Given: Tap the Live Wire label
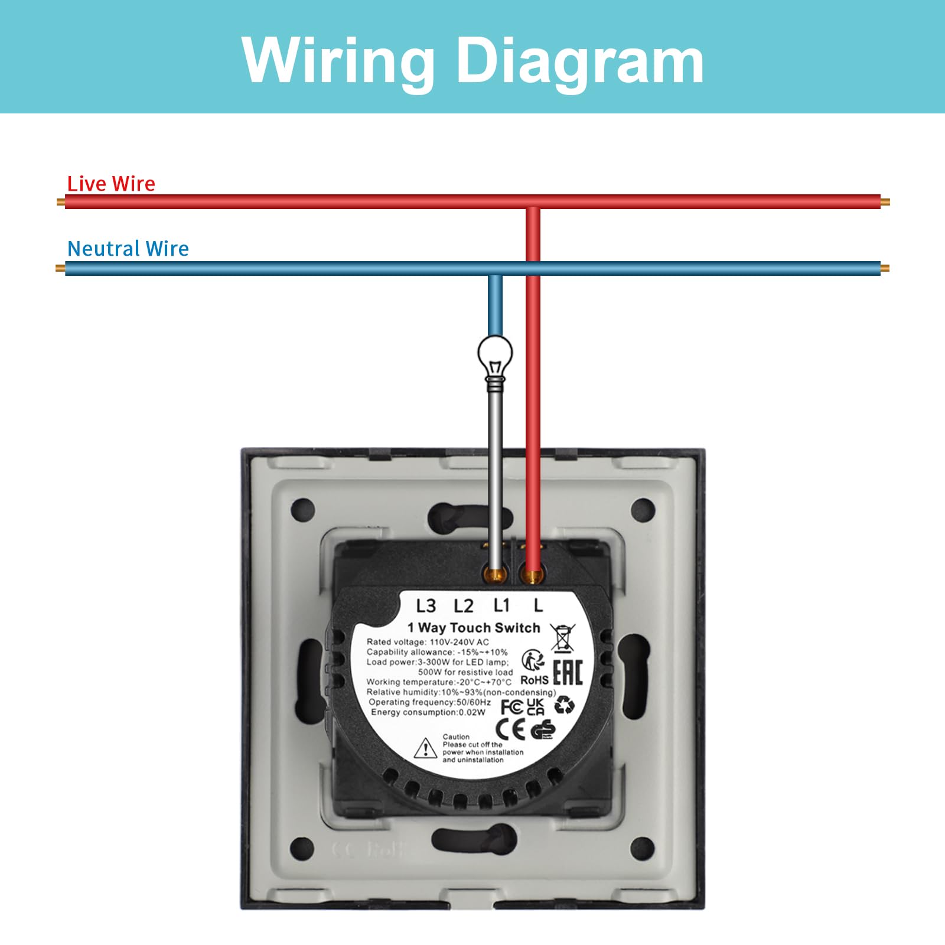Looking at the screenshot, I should (111, 184).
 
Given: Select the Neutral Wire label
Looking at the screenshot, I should (128, 249).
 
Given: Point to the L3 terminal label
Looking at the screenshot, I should (426, 606).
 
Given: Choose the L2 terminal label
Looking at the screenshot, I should (464, 606).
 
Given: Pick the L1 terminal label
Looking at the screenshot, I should (501, 605).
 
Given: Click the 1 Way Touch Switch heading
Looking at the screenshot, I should (474, 628).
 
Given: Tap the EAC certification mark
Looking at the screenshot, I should (568, 673).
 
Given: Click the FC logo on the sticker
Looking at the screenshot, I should (511, 707).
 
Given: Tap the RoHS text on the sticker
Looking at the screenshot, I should (534, 680).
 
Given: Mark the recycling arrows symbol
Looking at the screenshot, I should (565, 705).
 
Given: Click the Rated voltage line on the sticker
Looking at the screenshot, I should (428, 642).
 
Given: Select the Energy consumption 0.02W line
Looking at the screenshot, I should (428, 712).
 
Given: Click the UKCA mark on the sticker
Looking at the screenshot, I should (535, 706).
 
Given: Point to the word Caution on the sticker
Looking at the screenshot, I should (456, 737).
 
